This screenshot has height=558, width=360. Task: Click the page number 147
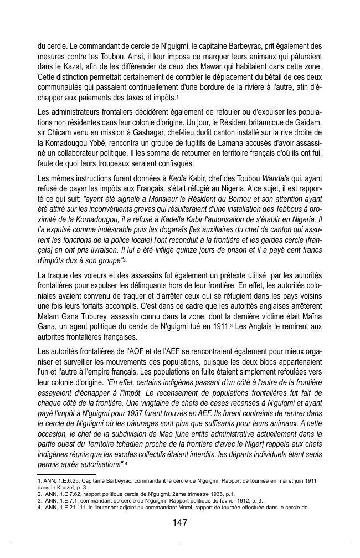179,523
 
